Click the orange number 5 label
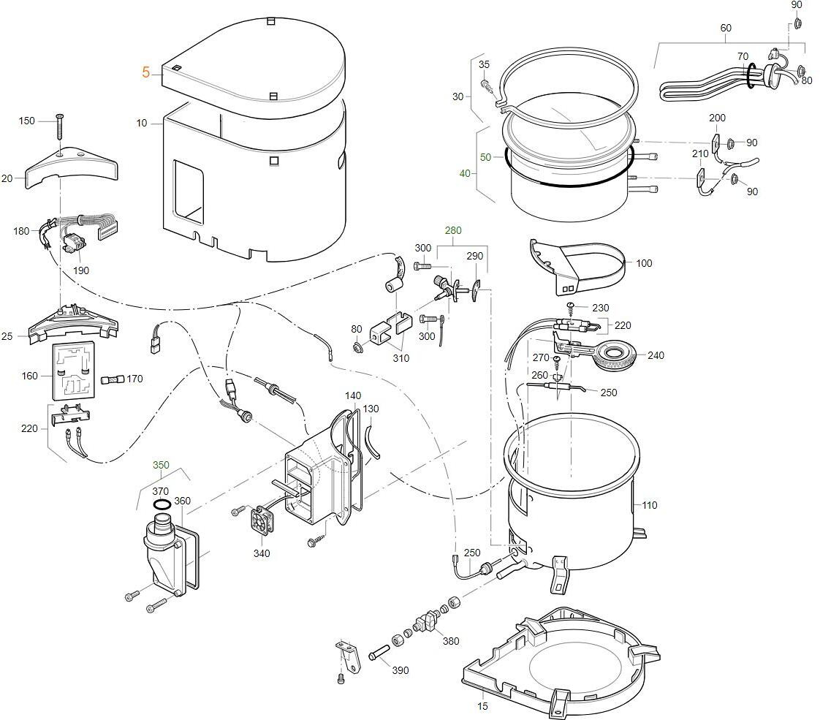pos(146,72)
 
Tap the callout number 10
pos(142,124)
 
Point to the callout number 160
pos(29,376)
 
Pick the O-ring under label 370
pos(162,505)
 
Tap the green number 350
pos(161,465)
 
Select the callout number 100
pos(644,263)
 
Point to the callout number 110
pos(650,505)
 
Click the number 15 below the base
pos(482,706)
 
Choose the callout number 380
pos(451,641)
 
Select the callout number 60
pos(726,29)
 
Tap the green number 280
pos(453,231)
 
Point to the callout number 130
pos(371,409)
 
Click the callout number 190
pos(80,270)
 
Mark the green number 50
pos(486,157)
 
